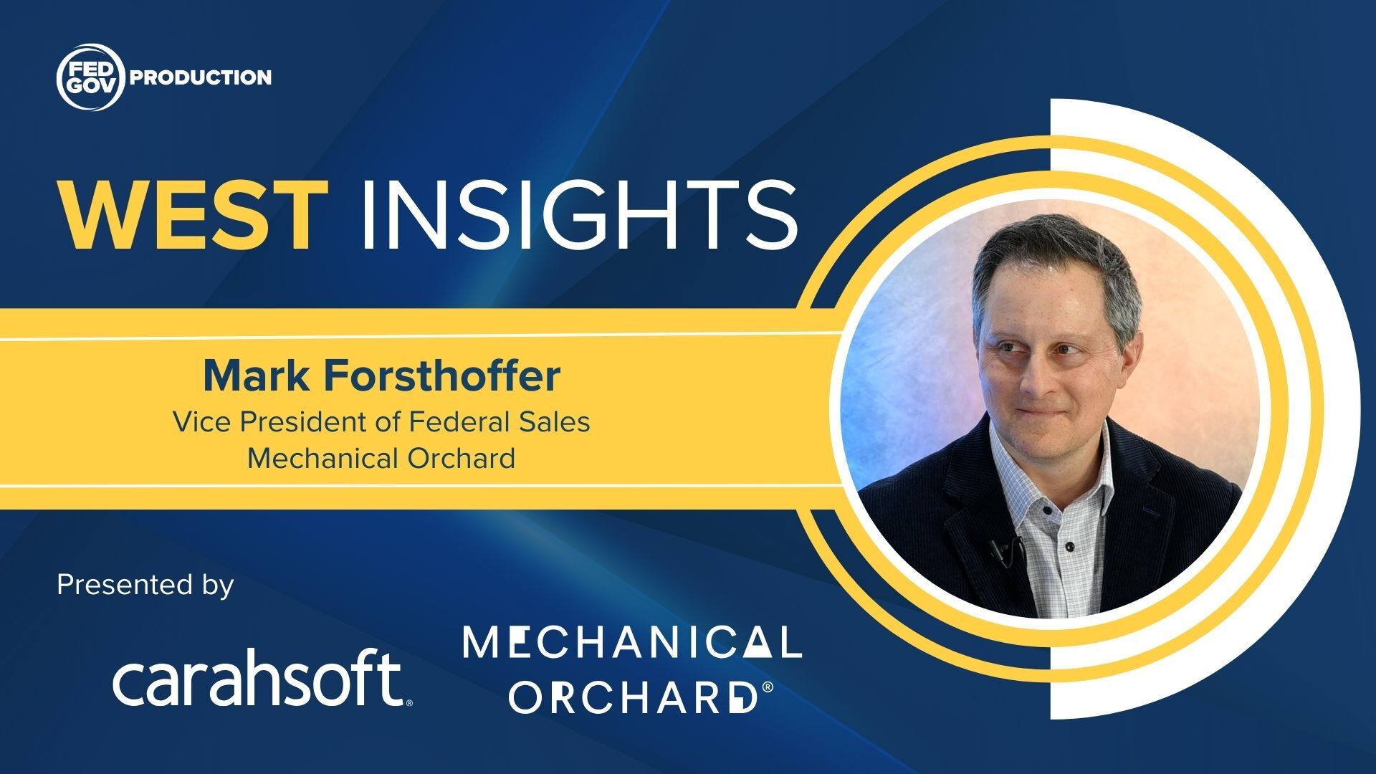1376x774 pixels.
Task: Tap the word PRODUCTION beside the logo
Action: (x=201, y=77)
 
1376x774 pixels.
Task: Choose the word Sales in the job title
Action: (x=556, y=421)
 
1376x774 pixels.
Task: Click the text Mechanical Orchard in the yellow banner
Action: (x=381, y=458)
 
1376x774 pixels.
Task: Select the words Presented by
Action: (x=145, y=585)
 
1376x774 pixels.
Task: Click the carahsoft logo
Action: (x=262, y=677)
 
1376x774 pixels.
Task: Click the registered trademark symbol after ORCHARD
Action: (x=768, y=687)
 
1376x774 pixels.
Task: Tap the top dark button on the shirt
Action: (x=1047, y=511)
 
